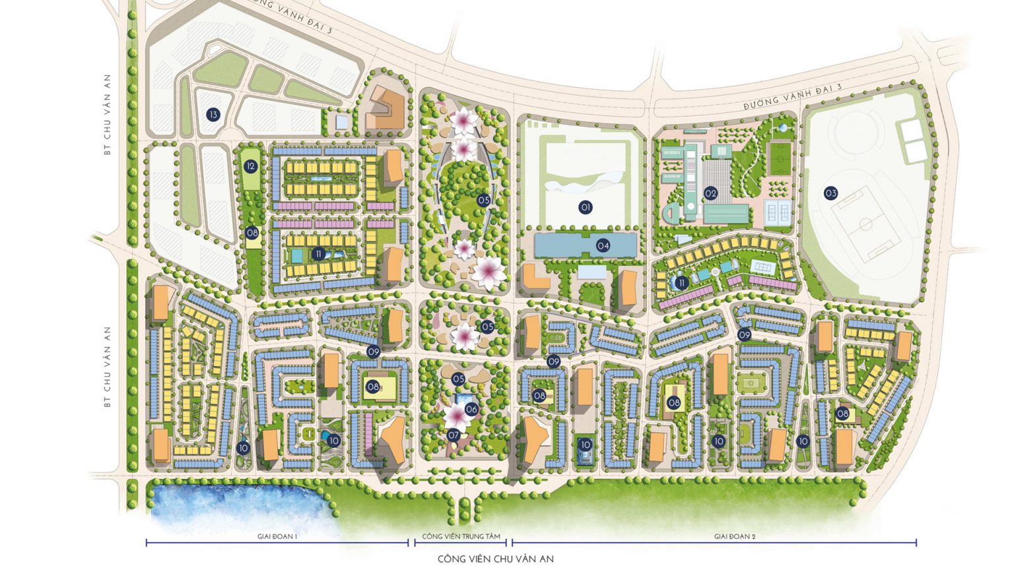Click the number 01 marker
(x=585, y=207)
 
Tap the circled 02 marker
(x=710, y=193)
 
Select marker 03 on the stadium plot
(x=830, y=193)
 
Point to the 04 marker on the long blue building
(x=603, y=245)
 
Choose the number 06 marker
(x=471, y=409)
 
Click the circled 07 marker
(x=454, y=435)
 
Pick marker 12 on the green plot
(x=250, y=166)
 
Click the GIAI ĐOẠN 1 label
(x=277, y=537)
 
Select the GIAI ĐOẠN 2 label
(x=734, y=537)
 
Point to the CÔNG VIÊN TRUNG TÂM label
(x=461, y=537)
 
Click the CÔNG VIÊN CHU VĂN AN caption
(x=495, y=559)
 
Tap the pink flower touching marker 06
(x=456, y=416)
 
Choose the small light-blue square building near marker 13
(x=341, y=122)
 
